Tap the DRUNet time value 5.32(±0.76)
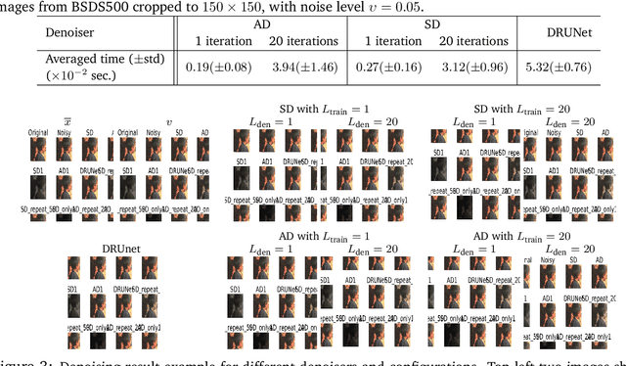pos(578,68)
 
